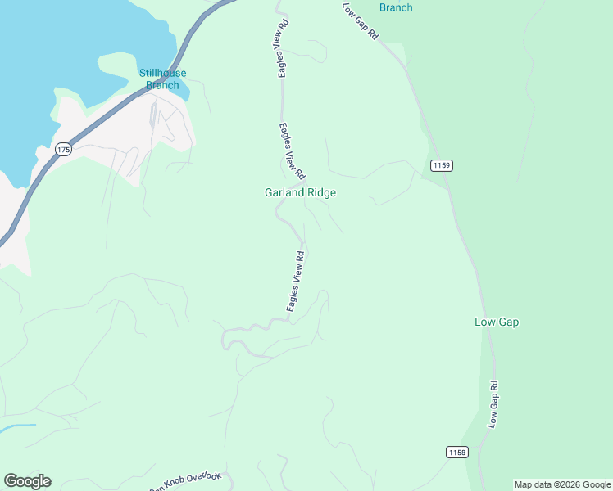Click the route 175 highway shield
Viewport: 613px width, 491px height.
64,149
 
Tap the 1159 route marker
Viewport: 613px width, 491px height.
441,165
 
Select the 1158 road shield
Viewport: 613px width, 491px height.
457,452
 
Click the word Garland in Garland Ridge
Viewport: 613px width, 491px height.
284,193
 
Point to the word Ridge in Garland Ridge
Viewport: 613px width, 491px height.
321,193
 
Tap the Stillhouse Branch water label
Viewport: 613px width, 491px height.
162,79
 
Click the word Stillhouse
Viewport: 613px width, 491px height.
162,73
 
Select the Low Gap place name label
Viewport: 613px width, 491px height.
497,322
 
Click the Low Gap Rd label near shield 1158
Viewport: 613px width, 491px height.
493,404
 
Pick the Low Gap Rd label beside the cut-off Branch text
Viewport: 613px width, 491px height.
361,20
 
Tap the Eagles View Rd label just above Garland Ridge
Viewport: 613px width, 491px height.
291,151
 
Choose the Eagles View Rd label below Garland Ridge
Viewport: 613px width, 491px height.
296,281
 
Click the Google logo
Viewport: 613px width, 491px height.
27,481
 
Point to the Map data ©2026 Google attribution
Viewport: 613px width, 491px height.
562,484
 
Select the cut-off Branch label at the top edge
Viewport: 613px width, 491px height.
396,7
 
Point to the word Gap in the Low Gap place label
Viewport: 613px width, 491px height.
508,322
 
